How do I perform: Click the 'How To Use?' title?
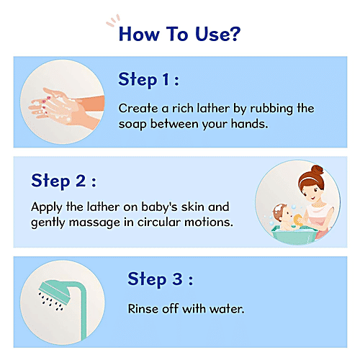[179, 34]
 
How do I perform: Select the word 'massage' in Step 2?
[92, 221]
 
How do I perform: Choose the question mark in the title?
[235, 34]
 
